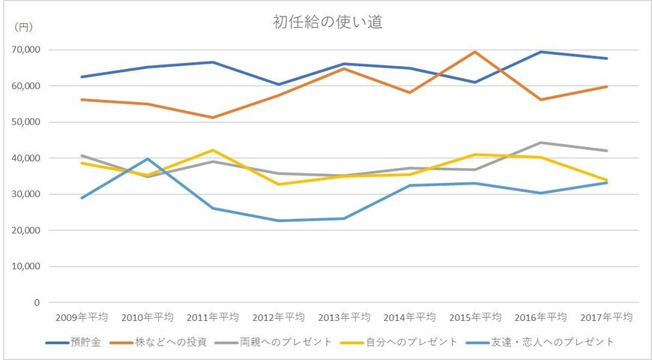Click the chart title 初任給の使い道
tap(327, 22)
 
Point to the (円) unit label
tap(25, 27)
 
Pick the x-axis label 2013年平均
tap(344, 317)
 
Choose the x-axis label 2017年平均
tap(606, 317)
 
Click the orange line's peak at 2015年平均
tap(475, 52)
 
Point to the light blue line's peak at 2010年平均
tap(148, 158)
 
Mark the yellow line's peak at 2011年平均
tap(213, 150)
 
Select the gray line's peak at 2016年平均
tap(541, 142)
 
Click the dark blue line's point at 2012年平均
tap(279, 85)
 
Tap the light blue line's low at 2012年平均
tap(279, 220)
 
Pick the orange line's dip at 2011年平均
tap(213, 118)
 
